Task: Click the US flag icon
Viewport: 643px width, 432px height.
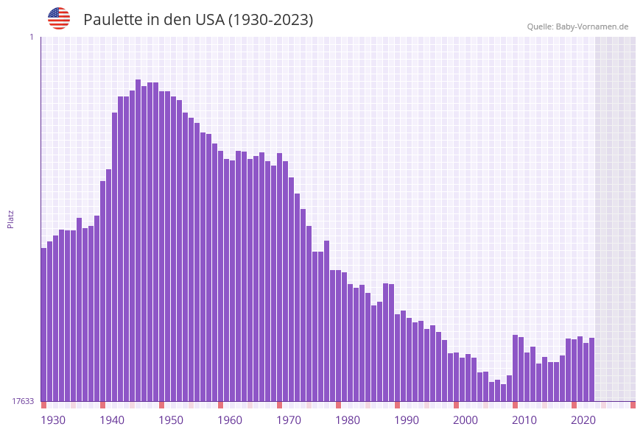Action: click(59, 18)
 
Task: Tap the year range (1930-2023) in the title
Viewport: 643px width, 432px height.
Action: click(270, 20)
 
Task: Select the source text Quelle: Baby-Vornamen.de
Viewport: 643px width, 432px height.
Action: click(577, 26)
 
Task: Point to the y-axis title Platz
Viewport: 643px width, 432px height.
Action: click(10, 219)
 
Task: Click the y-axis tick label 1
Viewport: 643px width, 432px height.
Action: click(31, 37)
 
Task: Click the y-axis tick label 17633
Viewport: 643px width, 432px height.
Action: click(23, 401)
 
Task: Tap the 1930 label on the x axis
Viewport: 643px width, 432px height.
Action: click(53, 419)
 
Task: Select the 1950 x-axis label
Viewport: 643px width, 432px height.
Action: click(171, 419)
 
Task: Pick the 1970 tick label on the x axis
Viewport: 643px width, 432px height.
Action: click(289, 419)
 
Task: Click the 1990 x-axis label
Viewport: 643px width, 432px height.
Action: click(407, 419)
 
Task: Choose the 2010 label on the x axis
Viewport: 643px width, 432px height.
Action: click(524, 419)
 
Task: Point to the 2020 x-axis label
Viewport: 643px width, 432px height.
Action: click(583, 419)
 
